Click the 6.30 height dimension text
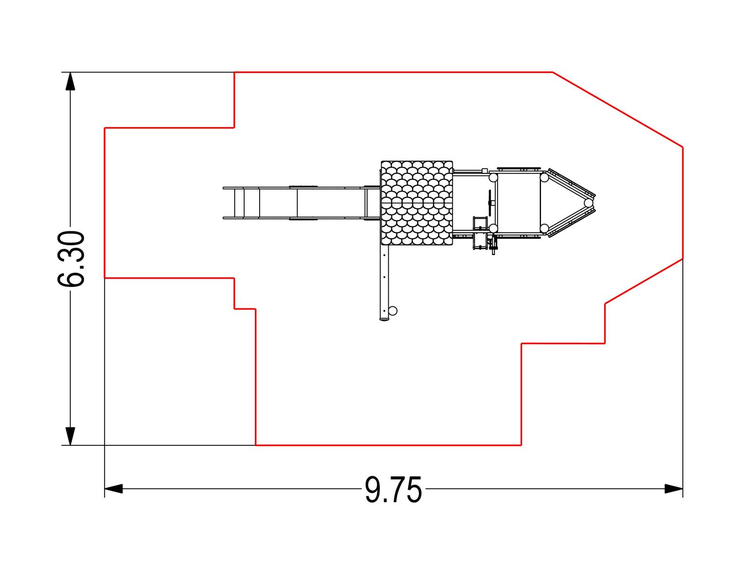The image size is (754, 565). [71, 259]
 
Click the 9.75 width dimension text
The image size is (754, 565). [393, 490]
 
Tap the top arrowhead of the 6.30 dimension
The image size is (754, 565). [70, 81]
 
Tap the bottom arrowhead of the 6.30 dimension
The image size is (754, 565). [70, 436]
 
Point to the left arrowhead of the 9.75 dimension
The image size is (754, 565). [114, 489]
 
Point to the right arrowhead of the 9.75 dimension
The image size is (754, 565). [673, 489]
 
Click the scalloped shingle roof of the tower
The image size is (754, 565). [417, 203]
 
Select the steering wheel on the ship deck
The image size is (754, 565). [490, 203]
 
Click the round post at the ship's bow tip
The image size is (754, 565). [589, 203]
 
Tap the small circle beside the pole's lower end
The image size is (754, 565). [393, 311]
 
